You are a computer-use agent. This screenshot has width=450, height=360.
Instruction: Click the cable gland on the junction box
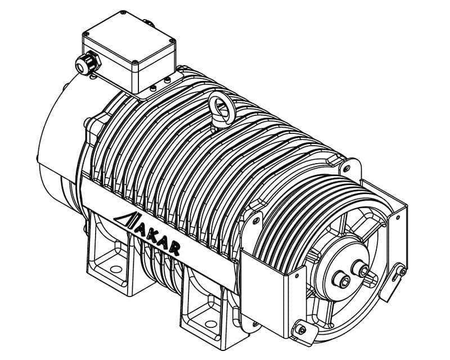(88, 63)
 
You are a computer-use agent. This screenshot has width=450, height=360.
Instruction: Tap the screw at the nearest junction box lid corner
(135, 62)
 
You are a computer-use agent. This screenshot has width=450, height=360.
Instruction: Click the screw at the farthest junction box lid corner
(123, 12)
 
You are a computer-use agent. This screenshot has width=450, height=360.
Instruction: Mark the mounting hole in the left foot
(116, 269)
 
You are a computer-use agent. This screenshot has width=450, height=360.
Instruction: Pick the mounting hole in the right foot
(211, 324)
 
